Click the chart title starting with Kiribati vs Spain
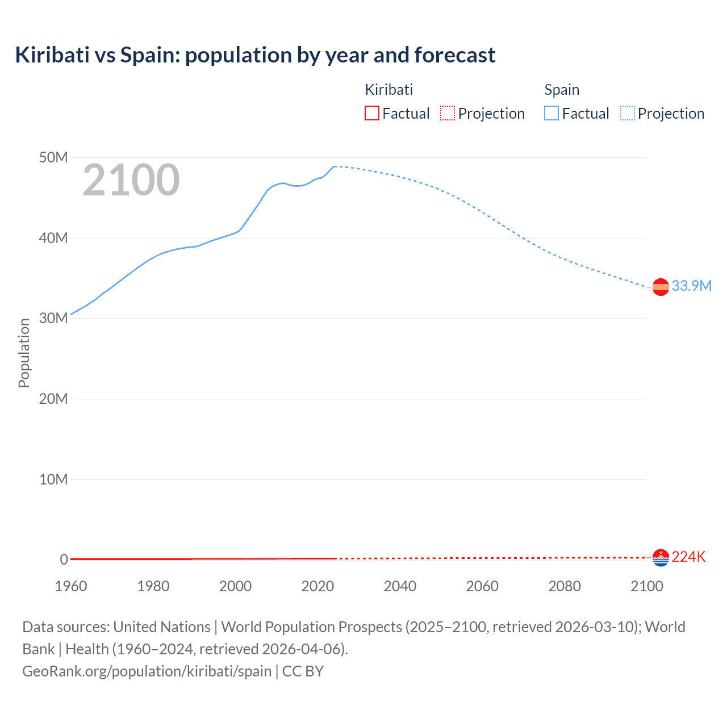[255, 55]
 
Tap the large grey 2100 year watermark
[131, 180]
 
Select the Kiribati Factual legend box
[372, 114]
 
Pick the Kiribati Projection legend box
[448, 114]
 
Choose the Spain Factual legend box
[551, 114]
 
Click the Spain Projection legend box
[628, 114]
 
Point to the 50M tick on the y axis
[53, 157]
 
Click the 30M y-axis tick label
[53, 318]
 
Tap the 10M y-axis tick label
[53, 479]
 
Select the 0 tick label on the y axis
[64, 559]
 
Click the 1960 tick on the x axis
[71, 586]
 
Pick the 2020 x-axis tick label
[317, 586]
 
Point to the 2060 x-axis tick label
[482, 586]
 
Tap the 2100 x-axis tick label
[646, 586]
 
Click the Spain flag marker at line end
[661, 287]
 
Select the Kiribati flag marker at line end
[661, 558]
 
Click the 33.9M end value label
[691, 286]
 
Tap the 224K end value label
[688, 557]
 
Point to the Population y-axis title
[24, 353]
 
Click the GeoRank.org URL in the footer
[147, 671]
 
